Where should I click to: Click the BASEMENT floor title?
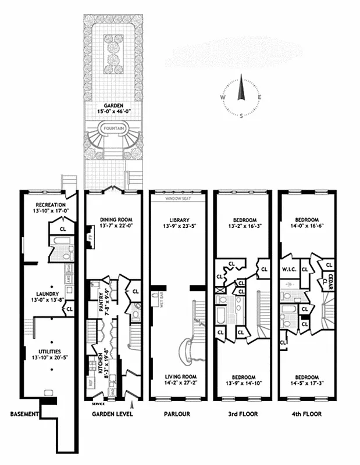pyautogui.click(x=24, y=414)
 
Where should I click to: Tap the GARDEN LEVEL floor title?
pyautogui.click(x=113, y=414)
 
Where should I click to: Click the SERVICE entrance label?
pyautogui.click(x=98, y=403)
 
